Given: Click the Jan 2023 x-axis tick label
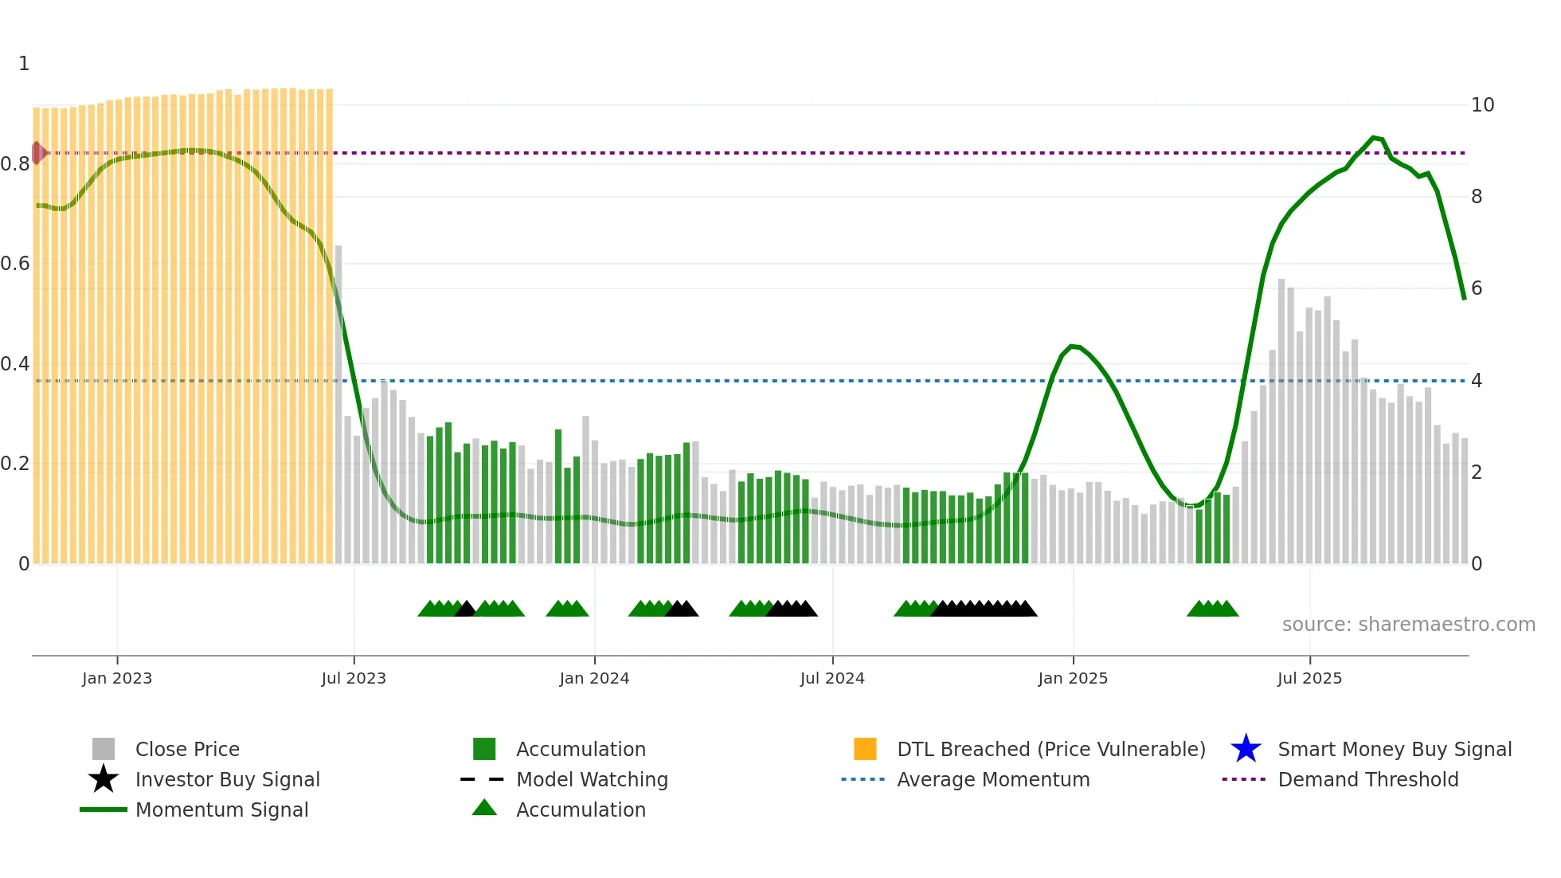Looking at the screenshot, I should point(116,678).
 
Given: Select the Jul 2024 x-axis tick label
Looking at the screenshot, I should point(831,678).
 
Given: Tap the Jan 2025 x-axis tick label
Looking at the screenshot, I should point(1072,678).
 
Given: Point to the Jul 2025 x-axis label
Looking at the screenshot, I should point(1309,678).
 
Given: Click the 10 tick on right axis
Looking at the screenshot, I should point(1481,105).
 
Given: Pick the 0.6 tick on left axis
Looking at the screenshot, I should point(15,264).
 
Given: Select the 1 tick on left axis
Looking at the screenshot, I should point(24,64).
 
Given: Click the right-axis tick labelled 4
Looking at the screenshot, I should point(1476,381).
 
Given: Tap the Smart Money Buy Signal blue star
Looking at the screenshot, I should point(1245,749).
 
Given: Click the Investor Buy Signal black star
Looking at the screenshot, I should point(104,779).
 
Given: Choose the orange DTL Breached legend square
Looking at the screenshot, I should point(864,749).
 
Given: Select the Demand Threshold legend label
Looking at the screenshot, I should point(1367,779).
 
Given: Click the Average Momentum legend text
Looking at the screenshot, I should point(992,779).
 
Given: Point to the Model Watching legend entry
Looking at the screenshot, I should point(591,779).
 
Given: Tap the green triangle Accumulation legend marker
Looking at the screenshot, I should point(483,808).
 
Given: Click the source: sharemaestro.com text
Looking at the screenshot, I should point(1408,625).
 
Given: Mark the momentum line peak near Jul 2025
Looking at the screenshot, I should point(1373,138).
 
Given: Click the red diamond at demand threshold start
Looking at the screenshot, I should point(37,152).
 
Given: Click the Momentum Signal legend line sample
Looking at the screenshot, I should point(104,809).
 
